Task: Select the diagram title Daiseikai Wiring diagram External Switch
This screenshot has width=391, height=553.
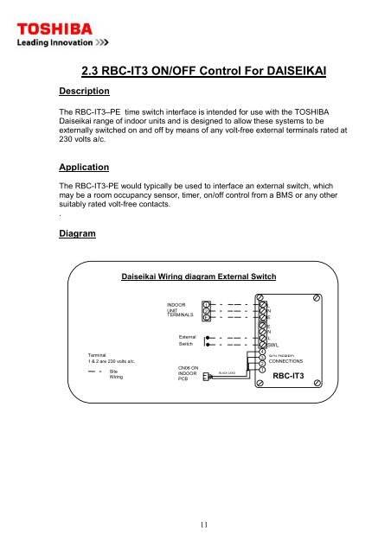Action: tap(200, 276)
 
